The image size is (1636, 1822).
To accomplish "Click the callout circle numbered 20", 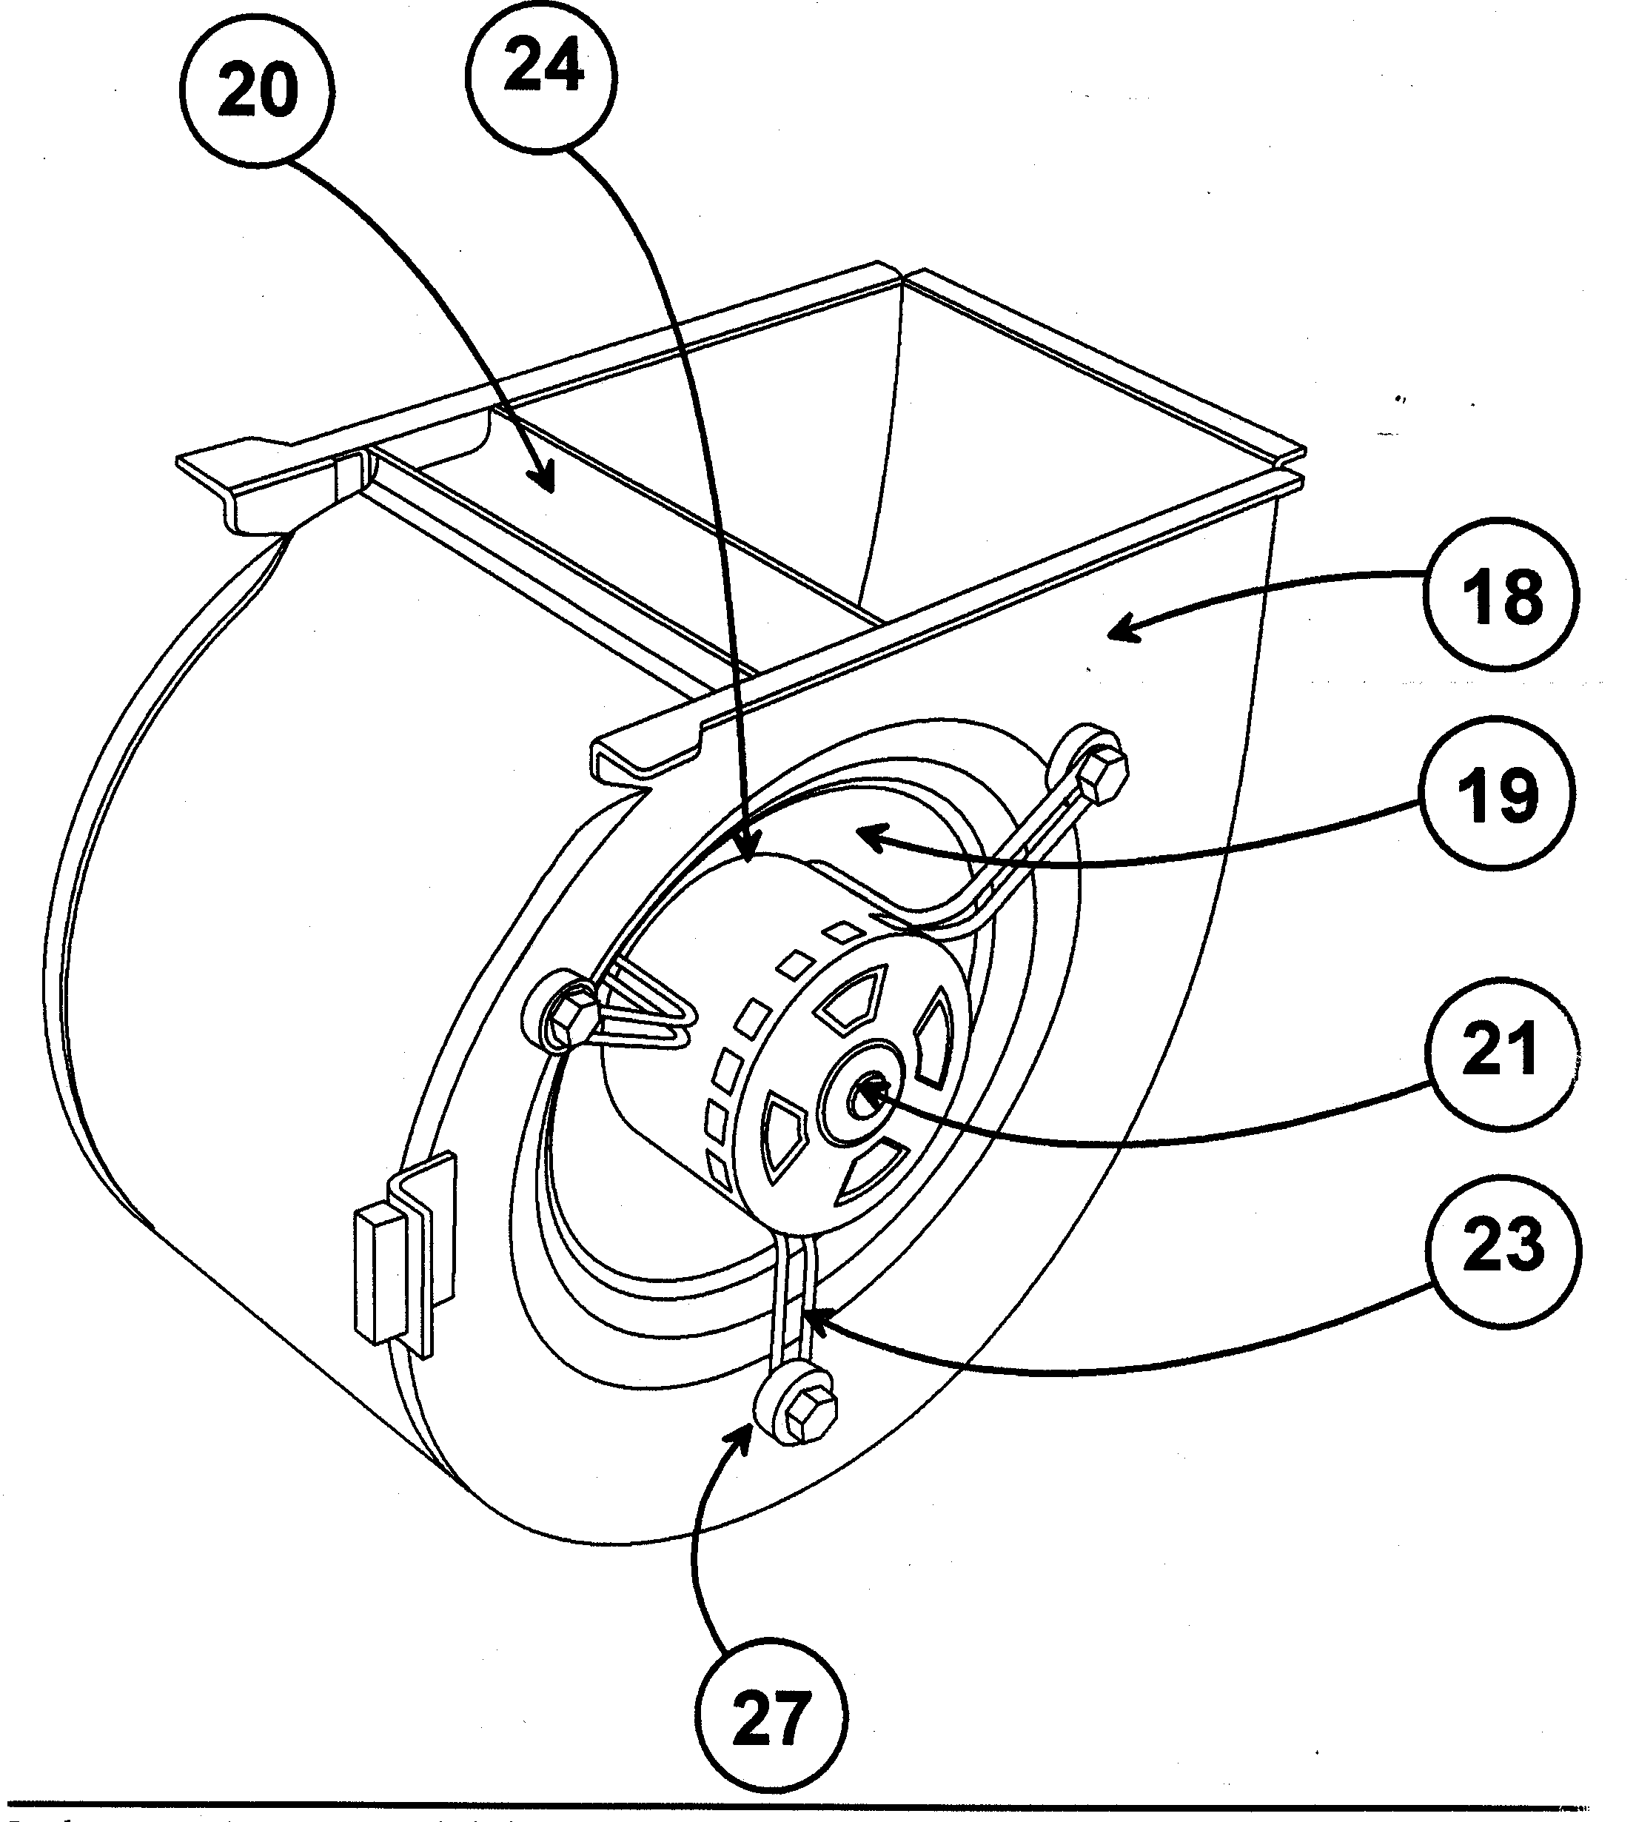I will point(257,92).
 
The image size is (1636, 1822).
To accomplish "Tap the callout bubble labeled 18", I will point(1501,595).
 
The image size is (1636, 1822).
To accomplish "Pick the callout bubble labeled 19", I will point(1496,794).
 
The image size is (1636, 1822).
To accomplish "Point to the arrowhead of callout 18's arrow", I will point(1113,634).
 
